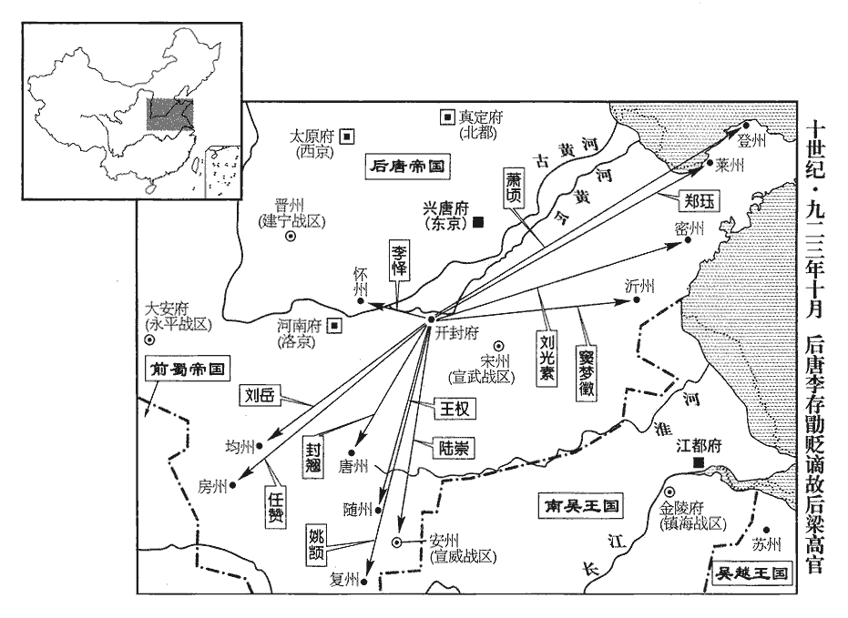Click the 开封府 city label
(457, 333)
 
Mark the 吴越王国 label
(751, 572)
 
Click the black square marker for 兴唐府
(479, 221)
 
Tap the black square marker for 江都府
(699, 464)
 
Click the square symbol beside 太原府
(348, 137)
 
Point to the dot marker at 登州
(745, 127)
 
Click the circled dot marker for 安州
(398, 542)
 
